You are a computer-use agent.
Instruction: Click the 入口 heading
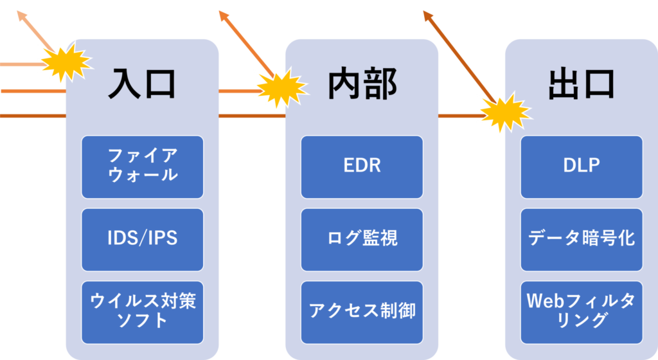click(142, 84)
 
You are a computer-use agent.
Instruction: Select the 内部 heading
click(362, 84)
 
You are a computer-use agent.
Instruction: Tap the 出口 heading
click(582, 84)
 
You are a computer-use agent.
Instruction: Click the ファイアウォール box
click(142, 166)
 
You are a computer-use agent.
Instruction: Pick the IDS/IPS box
click(142, 239)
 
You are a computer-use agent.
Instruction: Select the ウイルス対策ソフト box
click(142, 312)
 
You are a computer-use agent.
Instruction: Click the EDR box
click(362, 166)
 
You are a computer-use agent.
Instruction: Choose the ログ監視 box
click(362, 239)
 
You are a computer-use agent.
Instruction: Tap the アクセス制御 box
click(362, 312)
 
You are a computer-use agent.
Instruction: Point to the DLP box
click(582, 166)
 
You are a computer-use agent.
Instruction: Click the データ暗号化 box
click(582, 239)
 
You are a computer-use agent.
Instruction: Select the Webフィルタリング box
click(582, 312)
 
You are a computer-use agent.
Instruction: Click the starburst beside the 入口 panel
click(64, 63)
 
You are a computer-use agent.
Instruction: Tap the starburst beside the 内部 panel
click(280, 89)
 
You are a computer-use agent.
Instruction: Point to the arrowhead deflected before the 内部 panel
click(223, 14)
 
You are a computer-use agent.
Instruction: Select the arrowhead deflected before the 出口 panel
click(427, 14)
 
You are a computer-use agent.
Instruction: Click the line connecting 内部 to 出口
click(458, 116)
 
